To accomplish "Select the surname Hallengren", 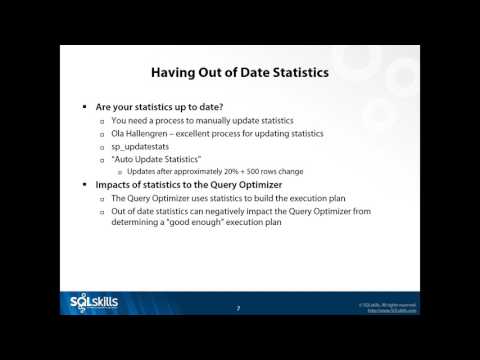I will click(168, 132).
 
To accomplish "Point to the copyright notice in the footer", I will click(388, 302).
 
